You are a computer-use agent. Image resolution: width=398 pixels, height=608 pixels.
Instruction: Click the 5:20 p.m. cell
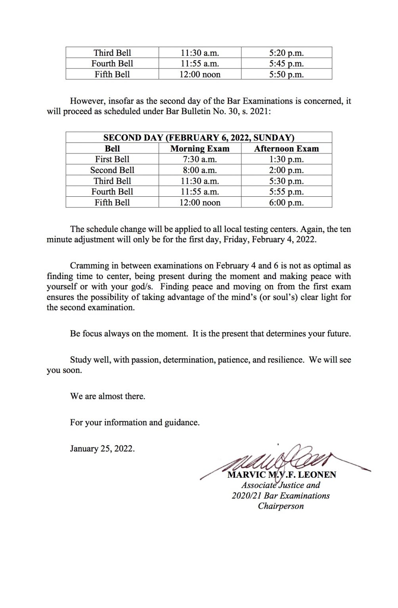click(x=286, y=53)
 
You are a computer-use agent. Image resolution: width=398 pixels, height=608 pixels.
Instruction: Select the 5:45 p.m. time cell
click(x=286, y=64)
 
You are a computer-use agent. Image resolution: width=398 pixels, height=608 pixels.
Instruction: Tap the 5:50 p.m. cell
click(x=286, y=74)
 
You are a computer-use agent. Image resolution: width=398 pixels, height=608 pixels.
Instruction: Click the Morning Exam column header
click(x=200, y=149)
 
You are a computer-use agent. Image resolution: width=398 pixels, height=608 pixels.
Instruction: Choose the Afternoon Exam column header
click(x=286, y=149)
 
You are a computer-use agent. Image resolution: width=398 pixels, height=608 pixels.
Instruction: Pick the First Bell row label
click(x=112, y=160)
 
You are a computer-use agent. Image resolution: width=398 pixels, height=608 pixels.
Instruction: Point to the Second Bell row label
click(x=112, y=170)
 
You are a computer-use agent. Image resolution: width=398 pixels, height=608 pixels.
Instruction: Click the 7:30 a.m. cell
click(x=200, y=160)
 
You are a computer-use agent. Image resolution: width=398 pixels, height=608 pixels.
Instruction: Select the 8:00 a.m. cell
click(x=200, y=170)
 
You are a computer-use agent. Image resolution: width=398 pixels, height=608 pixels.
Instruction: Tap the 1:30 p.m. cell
click(x=286, y=160)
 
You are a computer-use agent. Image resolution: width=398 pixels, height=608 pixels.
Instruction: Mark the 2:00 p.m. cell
click(x=286, y=170)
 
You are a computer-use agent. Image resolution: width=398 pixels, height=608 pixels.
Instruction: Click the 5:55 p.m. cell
click(x=286, y=192)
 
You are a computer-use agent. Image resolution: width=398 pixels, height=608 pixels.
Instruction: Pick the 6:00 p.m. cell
click(x=286, y=203)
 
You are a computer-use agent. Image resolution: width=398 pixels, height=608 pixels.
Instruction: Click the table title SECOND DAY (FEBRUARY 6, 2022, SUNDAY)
click(x=199, y=138)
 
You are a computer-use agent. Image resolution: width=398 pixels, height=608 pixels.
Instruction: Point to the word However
click(x=86, y=101)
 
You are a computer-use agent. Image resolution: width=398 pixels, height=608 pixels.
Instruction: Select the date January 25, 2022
click(x=102, y=449)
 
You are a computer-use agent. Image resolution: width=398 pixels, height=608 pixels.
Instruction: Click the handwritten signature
click(x=277, y=463)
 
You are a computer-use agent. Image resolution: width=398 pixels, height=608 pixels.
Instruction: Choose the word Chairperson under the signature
click(x=281, y=506)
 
